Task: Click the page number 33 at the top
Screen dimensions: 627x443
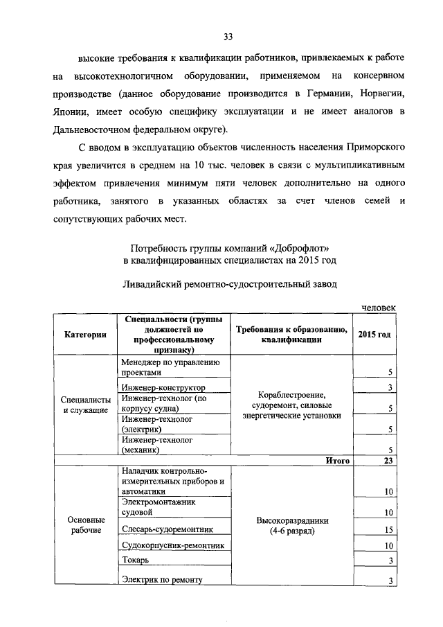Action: pos(227,37)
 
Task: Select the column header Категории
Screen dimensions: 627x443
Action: pos(86,335)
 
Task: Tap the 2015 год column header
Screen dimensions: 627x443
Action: pos(374,335)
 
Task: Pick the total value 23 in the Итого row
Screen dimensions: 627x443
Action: pos(388,461)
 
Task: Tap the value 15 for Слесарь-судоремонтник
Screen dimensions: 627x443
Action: pos(388,531)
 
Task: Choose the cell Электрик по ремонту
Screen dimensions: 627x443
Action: pos(163,580)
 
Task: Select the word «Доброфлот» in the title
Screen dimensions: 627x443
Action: pos(293,247)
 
